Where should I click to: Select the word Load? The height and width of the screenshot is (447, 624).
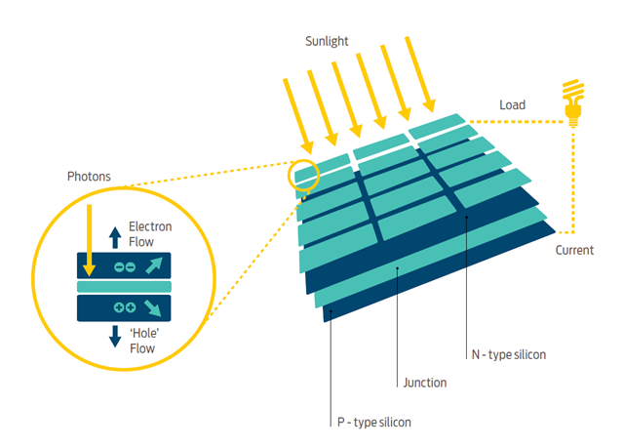512,103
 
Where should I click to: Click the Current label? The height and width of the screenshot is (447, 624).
574,251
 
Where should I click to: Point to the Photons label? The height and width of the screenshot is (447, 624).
88,177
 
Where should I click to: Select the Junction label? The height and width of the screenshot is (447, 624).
424,383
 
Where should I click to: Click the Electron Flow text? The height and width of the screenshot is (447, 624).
150,233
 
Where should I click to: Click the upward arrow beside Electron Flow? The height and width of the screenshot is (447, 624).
114,234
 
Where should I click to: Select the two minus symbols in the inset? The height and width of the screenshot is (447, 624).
124,265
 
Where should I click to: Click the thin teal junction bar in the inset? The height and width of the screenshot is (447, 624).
124,286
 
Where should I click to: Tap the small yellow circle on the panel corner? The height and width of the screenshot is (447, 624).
302,173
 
